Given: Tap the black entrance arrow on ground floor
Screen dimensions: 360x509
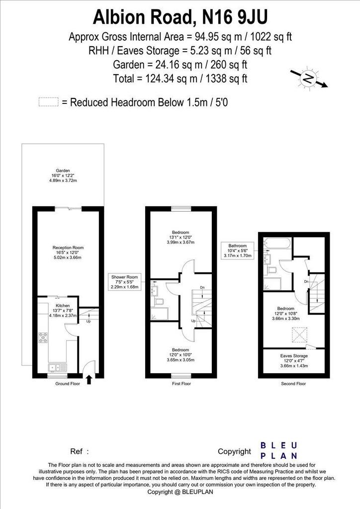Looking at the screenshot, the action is (89, 380).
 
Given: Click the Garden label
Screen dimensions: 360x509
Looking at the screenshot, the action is (63, 175).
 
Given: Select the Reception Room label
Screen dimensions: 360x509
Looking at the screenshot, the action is (68, 253).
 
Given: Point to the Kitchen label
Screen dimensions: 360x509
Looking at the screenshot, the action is (63, 310).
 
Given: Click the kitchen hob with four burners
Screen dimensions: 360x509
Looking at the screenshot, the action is (43, 338).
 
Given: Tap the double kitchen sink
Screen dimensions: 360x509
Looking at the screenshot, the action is (57, 368).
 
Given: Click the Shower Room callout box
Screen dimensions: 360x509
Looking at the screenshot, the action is (125, 282).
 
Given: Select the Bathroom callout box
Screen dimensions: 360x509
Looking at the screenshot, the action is (237, 251).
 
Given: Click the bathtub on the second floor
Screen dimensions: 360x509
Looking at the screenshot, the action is (277, 243).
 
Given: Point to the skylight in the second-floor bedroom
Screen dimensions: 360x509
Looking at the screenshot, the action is (300, 335).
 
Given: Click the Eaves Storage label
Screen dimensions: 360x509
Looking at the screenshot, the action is (294, 361).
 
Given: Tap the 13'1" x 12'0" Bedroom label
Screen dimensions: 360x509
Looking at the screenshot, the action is (180, 237).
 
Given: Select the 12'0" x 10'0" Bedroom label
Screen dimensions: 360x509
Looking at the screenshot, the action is (180, 355).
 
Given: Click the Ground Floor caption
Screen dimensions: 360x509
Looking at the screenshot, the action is (68, 384).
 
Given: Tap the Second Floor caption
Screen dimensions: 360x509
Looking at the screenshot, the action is (293, 384).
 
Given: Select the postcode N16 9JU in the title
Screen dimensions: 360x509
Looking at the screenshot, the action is (235, 17).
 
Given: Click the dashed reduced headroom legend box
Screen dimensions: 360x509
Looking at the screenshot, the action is (49, 102).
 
